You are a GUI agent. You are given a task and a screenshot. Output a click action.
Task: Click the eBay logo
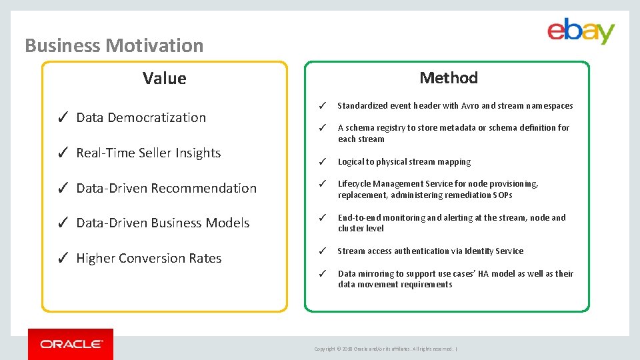pos(581,31)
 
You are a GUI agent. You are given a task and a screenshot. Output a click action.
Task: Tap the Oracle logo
pos(71,344)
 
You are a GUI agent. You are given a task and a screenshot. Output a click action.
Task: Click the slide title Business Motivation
pos(114,45)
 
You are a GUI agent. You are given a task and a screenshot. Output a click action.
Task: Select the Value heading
pos(164,78)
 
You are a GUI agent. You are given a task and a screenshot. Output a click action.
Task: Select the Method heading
pos(448,77)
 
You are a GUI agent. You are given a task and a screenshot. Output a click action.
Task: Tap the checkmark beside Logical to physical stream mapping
pos(321,162)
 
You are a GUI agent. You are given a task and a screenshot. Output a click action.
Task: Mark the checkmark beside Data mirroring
pos(321,273)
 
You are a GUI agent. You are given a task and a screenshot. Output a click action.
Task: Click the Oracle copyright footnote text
pos(385,349)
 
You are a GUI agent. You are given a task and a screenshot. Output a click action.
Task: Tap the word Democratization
pos(157,117)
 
